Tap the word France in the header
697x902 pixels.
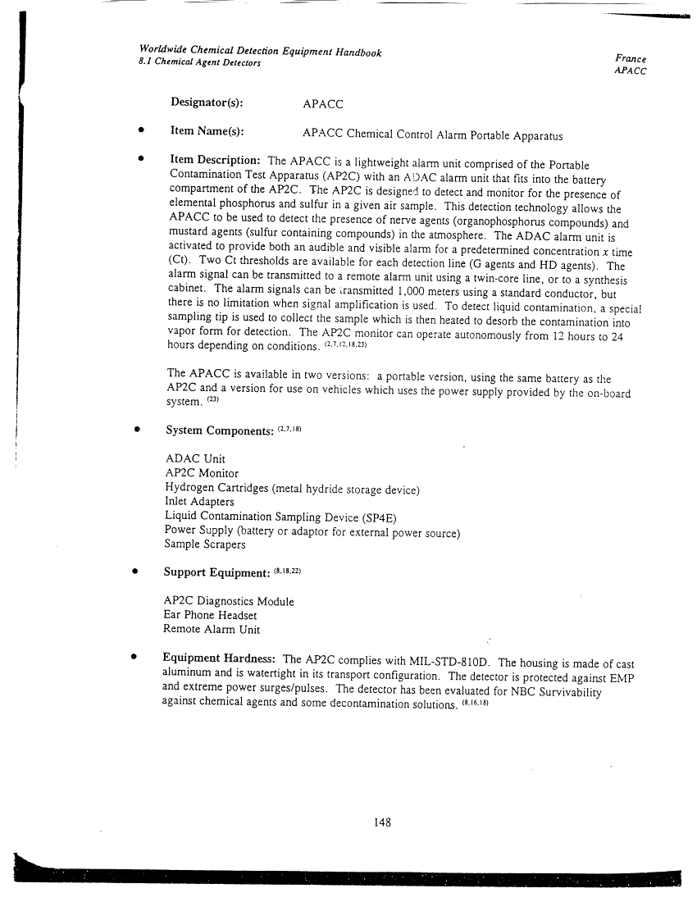point(630,59)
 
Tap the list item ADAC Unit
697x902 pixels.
point(195,458)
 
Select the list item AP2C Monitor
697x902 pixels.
point(202,474)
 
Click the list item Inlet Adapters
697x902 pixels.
point(199,502)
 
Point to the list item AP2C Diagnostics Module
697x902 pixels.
point(229,601)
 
